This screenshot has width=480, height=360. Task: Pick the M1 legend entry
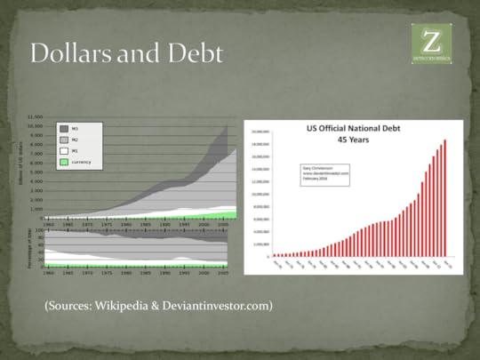point(63,152)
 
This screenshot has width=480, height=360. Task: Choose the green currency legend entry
point(63,163)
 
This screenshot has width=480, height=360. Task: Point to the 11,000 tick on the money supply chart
point(35,117)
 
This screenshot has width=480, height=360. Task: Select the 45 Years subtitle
point(348,138)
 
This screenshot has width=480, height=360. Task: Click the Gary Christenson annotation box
point(325,174)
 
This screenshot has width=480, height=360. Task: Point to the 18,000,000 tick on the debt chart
point(260,143)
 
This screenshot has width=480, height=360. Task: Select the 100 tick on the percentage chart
point(38,230)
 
